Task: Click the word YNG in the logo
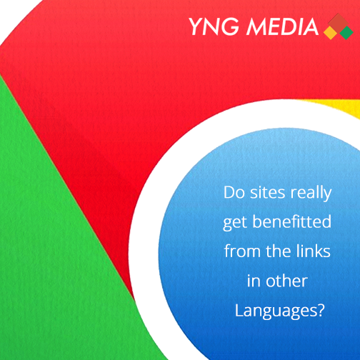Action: tap(214, 26)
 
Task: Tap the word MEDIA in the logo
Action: tap(282, 26)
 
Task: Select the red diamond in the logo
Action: tap(339, 23)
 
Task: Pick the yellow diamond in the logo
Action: tap(331, 32)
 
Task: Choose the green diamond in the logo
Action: tap(346, 32)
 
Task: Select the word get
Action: tap(235, 223)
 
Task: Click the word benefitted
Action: tap(292, 221)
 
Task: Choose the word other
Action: tap(286, 281)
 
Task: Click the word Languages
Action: tap(276, 311)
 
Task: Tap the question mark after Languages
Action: tap(321, 309)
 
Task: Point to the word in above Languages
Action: tap(254, 281)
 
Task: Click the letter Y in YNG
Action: tap(196, 26)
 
